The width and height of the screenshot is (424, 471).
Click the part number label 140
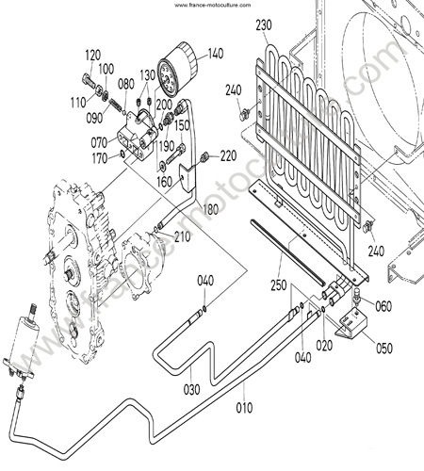point(216,54)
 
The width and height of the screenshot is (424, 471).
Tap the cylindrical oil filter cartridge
point(177,70)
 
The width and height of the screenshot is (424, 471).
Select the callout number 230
point(264,25)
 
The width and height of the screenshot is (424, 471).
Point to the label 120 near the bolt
point(93,56)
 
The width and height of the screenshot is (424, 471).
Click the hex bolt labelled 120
point(89,80)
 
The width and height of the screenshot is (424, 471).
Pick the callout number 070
point(99,142)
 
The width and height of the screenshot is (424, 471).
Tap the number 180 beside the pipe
point(210,209)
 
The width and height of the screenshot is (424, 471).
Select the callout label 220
point(228,155)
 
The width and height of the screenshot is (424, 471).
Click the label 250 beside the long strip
point(279,285)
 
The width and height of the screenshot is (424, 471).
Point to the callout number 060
point(383,306)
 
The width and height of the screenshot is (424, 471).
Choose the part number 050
point(384,348)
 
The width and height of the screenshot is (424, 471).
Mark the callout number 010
point(244,408)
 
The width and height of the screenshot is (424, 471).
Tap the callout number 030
point(192,389)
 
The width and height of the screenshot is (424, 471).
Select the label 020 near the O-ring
point(324,346)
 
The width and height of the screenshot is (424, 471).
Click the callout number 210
point(183,237)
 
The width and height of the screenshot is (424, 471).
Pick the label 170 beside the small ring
point(100,158)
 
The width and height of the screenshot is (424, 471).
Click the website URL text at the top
point(213,5)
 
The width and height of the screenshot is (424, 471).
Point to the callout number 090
point(94,118)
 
